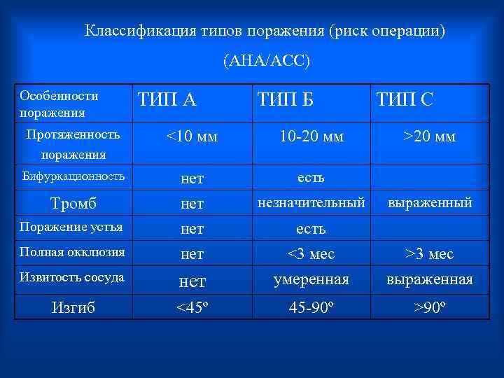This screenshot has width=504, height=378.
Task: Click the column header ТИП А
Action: (167, 100)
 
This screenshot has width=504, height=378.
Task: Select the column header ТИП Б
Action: (285, 100)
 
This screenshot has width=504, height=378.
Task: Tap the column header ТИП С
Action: (405, 100)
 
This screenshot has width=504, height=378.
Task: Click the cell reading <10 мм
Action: (192, 136)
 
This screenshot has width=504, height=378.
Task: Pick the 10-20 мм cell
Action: (311, 136)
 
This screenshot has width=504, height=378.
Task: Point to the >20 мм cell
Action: (430, 136)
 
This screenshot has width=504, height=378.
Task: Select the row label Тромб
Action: (73, 203)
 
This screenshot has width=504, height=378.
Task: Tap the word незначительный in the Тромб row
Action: (311, 202)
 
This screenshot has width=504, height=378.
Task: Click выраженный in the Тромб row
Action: (430, 202)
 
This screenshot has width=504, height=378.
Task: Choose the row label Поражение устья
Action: (71, 227)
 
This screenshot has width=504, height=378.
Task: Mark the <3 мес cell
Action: (311, 253)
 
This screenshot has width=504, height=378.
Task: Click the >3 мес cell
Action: (430, 253)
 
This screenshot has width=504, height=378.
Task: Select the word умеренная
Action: (311, 280)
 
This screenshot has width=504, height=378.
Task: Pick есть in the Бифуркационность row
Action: (311, 177)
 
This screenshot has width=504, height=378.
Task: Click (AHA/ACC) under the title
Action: (266, 61)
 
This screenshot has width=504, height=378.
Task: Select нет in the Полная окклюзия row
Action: (192, 253)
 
